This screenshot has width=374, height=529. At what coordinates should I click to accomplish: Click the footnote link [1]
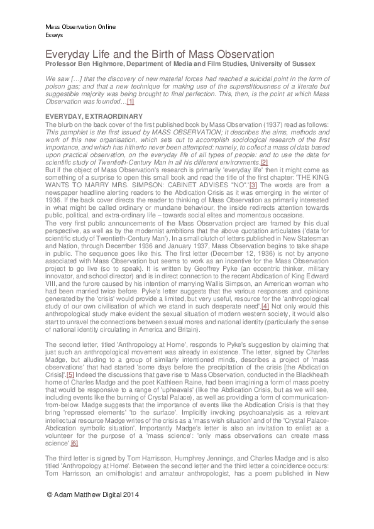(130, 101)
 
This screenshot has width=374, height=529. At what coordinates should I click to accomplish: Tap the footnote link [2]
(247, 162)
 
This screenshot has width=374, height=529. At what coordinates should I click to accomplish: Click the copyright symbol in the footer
(50, 495)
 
